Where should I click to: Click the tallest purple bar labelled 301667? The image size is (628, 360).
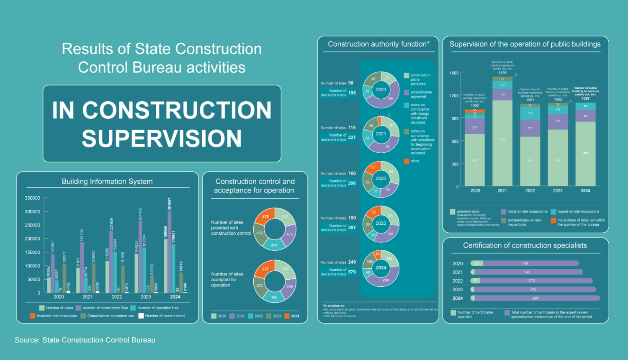170,251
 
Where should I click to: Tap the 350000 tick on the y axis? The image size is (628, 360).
33,198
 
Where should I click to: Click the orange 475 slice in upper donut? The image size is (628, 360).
265,216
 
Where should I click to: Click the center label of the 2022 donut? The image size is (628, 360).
381,178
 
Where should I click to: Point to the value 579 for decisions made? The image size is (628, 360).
352,272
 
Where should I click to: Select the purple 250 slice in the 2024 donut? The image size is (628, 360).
385,280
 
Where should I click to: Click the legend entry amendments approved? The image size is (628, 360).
418,94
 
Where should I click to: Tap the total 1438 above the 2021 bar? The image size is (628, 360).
502,73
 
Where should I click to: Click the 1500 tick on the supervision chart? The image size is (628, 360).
454,73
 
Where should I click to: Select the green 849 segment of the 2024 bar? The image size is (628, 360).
585,153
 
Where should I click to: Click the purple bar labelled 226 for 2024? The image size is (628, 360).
536,298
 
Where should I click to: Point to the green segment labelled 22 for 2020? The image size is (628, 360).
477,263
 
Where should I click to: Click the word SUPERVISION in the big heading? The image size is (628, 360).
162,139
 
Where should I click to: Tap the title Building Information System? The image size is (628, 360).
107,182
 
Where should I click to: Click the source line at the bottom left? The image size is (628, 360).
85,340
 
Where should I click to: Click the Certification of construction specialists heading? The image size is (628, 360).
525,246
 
